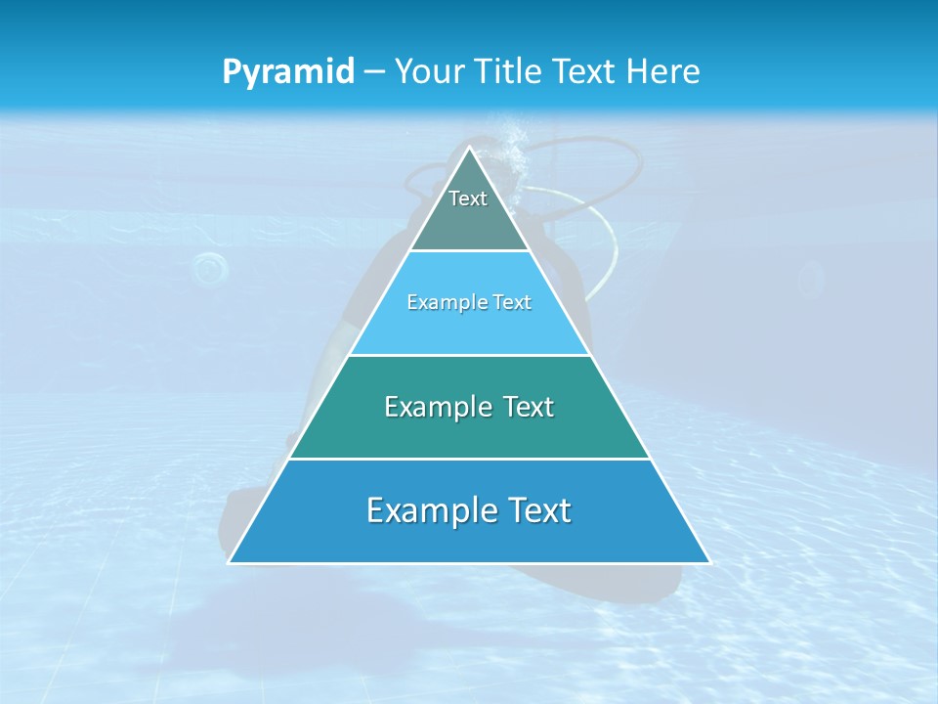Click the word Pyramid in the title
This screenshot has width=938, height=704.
tap(287, 72)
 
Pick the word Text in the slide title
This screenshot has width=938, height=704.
tap(586, 71)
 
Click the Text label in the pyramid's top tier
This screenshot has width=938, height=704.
tap(468, 198)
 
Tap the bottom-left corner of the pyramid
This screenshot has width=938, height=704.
tap(230, 562)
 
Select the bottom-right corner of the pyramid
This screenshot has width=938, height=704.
tap(709, 562)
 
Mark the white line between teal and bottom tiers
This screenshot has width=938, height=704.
tap(469, 459)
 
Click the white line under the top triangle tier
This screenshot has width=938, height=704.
tap(469, 250)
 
